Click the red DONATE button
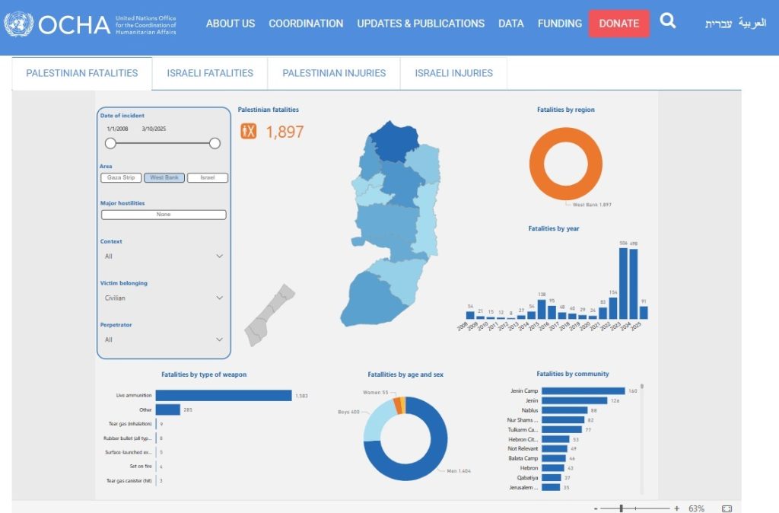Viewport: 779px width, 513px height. tap(618, 24)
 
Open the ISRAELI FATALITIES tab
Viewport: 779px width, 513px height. tap(210, 73)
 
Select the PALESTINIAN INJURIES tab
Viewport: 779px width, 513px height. tap(334, 73)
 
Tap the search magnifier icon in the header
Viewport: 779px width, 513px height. tap(668, 21)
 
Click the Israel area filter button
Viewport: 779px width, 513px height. tap(208, 178)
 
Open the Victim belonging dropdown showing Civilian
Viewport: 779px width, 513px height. tap(164, 298)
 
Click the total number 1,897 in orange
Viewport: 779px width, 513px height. tap(285, 132)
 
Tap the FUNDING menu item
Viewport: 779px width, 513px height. tap(559, 24)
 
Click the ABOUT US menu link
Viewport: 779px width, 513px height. tap(231, 24)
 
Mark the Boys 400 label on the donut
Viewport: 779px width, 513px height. tap(348, 412)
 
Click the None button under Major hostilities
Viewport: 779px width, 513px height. tap(164, 215)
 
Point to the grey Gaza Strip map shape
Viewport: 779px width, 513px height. tap(269, 315)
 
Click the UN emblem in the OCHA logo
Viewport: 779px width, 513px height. tap(18, 24)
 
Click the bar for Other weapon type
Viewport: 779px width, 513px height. tap(168, 409)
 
